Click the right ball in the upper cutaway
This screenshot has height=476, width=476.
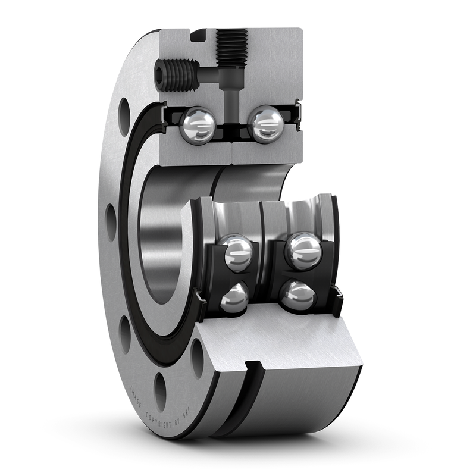pos(265,124)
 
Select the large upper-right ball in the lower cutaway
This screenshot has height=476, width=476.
pos(303,249)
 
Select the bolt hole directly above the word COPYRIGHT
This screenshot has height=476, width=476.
pos(160,390)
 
